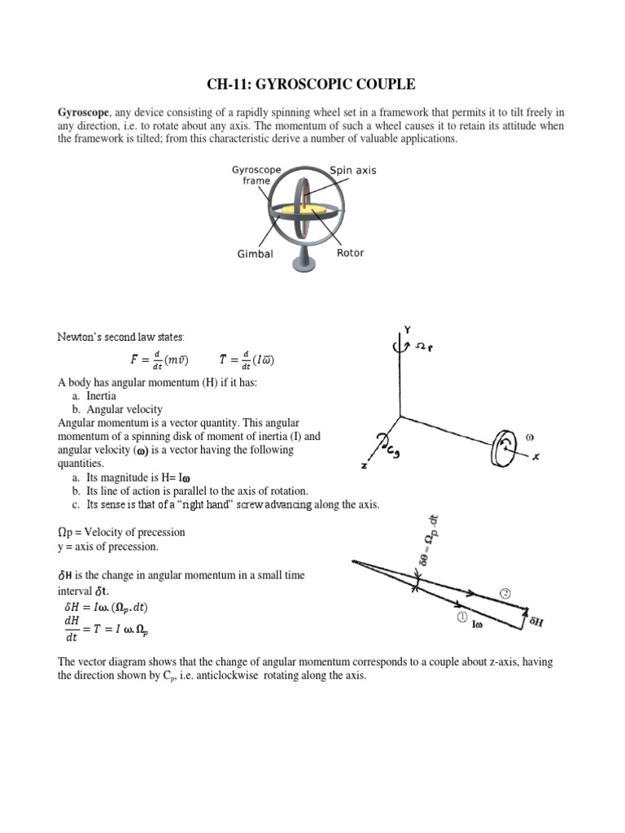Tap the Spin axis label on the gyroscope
pos(352,170)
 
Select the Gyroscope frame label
pos(256,175)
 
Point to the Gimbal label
pos(255,254)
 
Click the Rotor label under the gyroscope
pos(350,253)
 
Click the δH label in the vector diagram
pos(536,622)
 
